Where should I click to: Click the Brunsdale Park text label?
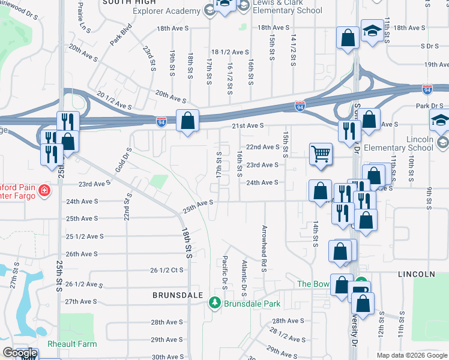tap(252, 304)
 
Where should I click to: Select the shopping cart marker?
tap(321, 154)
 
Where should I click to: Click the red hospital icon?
tap(43, 191)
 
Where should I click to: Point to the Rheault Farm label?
tap(72, 344)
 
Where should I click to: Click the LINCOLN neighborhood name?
tap(416, 274)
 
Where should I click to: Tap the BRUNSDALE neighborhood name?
tap(177, 295)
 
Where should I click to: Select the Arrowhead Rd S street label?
tap(263, 248)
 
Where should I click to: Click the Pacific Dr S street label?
tap(224, 273)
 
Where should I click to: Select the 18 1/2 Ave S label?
tap(230, 52)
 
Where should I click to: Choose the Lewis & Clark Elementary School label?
tap(288, 7)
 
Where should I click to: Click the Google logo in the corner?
tap(20, 353)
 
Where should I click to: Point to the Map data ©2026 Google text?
tap(411, 355)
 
